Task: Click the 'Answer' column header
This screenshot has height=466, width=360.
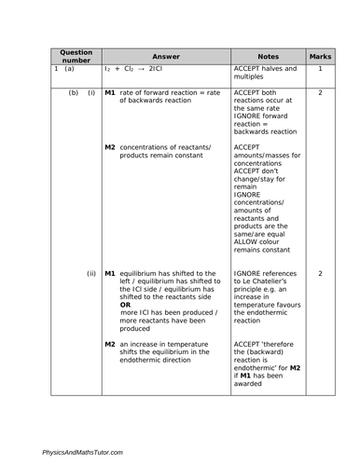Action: coord(165,55)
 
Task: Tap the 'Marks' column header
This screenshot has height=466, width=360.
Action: coord(321,55)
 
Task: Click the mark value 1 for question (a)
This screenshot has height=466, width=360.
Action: coord(321,69)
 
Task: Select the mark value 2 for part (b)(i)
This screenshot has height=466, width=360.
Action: coord(321,93)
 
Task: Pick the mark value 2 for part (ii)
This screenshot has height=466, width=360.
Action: coord(321,274)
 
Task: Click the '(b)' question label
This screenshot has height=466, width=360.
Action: coord(73,93)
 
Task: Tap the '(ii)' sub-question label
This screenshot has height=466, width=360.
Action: coord(91,274)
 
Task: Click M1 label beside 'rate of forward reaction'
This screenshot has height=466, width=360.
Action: coord(110,93)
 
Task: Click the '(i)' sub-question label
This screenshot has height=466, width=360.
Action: coord(91,93)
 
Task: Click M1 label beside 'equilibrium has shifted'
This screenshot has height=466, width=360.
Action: coord(110,274)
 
